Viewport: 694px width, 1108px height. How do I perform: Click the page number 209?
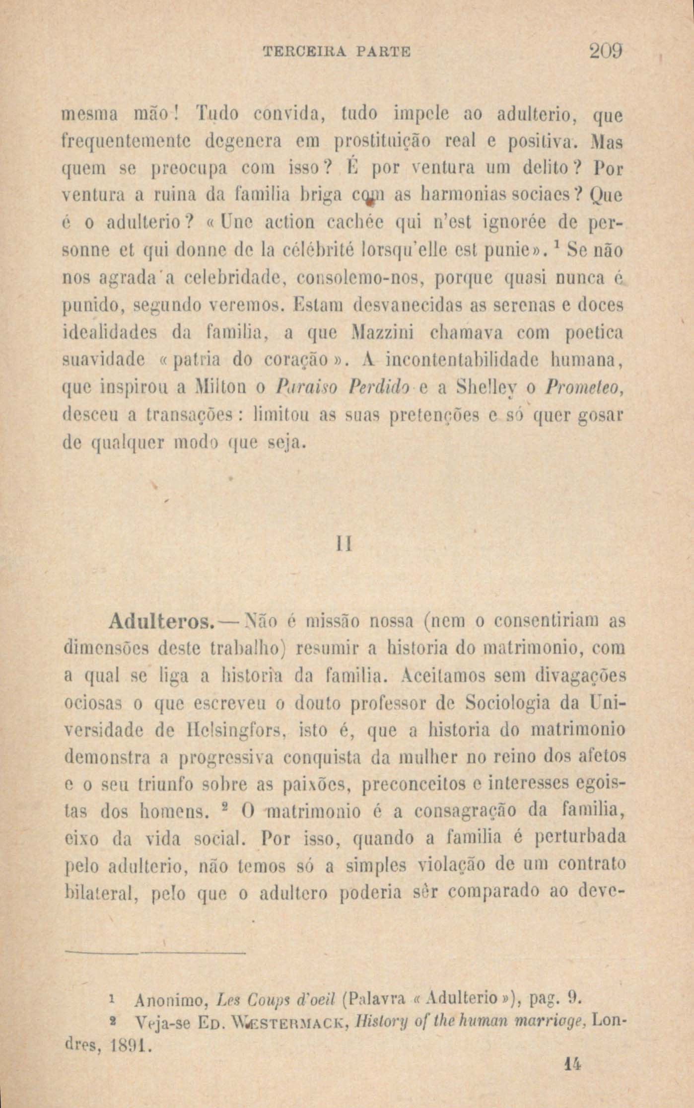(604, 52)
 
